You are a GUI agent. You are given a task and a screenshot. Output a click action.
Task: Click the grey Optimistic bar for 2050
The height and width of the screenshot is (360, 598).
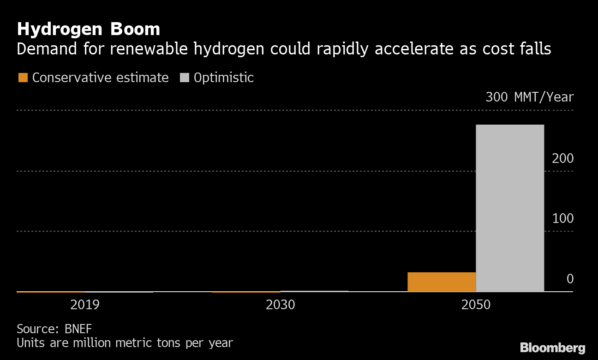[510, 208]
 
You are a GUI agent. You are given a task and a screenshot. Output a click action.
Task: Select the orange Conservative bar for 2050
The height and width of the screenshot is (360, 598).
[442, 282]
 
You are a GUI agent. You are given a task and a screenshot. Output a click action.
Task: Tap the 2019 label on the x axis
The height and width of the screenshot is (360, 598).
[85, 305]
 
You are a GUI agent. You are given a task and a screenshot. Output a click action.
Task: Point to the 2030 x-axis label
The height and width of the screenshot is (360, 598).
[281, 305]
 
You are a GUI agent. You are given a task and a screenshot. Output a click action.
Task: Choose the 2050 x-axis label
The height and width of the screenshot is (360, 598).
[476, 305]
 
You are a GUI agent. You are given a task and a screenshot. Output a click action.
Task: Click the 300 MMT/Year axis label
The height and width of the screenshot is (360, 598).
[529, 97]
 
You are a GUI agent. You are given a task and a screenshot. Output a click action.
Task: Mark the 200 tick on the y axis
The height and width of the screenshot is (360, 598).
[562, 158]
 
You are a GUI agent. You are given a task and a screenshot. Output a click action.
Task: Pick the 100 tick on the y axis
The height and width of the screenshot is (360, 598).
[562, 218]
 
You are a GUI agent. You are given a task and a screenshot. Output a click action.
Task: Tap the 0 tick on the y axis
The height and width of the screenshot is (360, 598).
[570, 279]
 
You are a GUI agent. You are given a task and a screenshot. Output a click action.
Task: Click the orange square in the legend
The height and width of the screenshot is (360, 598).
[23, 78]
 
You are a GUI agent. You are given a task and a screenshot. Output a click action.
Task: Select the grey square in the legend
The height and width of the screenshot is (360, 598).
[185, 78]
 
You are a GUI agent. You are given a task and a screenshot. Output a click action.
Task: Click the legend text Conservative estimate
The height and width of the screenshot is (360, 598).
[100, 78]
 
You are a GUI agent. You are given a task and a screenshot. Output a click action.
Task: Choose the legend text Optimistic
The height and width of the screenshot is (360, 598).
[224, 78]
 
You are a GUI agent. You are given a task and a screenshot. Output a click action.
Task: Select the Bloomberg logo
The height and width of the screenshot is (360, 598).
[552, 348]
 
